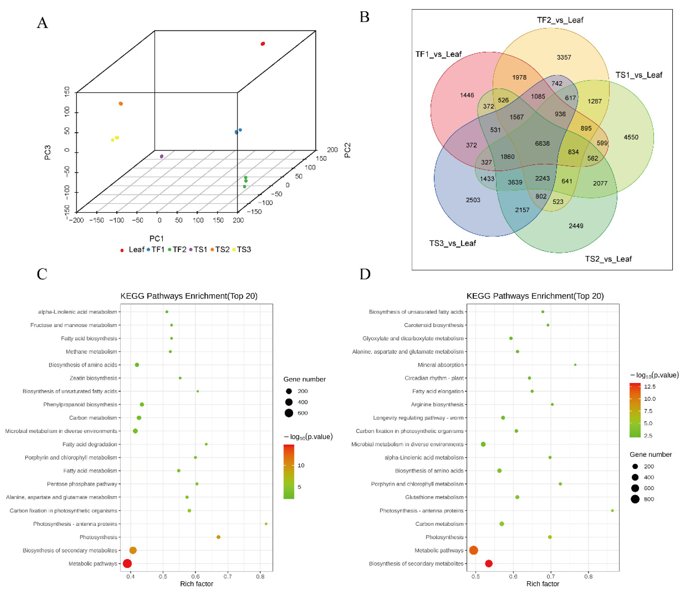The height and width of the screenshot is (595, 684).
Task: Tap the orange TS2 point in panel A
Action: (x=121, y=104)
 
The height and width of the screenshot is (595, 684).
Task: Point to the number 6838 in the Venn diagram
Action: (x=542, y=143)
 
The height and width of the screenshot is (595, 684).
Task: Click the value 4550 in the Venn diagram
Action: (x=631, y=137)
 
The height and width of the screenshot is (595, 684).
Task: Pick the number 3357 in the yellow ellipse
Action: (x=564, y=58)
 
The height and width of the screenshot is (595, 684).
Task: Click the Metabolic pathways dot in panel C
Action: (x=127, y=564)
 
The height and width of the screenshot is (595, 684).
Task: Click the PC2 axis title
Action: (x=347, y=150)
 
